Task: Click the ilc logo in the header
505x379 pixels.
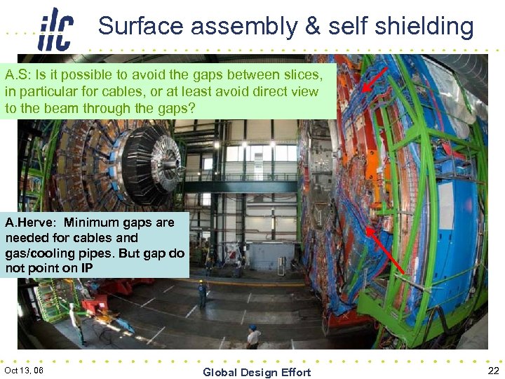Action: point(55,29)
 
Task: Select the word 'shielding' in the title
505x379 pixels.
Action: point(424,27)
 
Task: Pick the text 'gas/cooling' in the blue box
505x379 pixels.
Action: point(36,253)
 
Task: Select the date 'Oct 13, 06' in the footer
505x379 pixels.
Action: point(24,370)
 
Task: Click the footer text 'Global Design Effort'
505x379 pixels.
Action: point(257,372)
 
